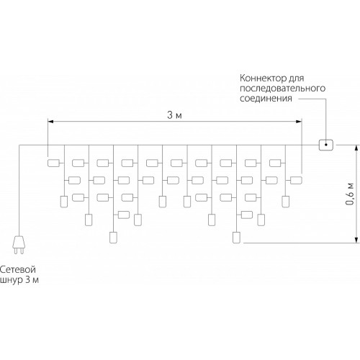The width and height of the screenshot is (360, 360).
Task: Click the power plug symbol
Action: [19, 245]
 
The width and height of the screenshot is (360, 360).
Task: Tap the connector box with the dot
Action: [326, 145]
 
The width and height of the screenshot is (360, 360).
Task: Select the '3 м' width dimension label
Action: [174, 115]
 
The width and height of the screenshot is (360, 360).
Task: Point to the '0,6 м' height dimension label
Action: [350, 194]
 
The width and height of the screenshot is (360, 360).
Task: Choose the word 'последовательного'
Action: [282, 89]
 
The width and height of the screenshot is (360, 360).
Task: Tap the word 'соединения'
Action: [266, 99]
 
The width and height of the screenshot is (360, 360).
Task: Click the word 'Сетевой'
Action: [18, 269]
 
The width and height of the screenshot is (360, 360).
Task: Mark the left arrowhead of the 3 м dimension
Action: [50, 122]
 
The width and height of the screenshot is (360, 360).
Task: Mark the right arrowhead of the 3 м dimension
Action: [299, 122]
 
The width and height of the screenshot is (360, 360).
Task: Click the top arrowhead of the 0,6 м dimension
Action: [357, 148]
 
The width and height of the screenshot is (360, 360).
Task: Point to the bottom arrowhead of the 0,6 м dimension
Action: [357, 240]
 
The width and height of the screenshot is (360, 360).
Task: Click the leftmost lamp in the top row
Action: [53, 163]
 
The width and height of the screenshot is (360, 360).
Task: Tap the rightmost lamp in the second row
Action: [296, 180]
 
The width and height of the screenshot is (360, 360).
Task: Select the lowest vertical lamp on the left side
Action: [113, 238]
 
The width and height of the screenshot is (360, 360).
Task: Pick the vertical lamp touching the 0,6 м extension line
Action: [236, 238]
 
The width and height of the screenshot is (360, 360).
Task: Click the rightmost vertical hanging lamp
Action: [285, 202]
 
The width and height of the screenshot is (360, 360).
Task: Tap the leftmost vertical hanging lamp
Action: [64, 202]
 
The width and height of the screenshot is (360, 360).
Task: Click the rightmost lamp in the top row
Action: [275, 163]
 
